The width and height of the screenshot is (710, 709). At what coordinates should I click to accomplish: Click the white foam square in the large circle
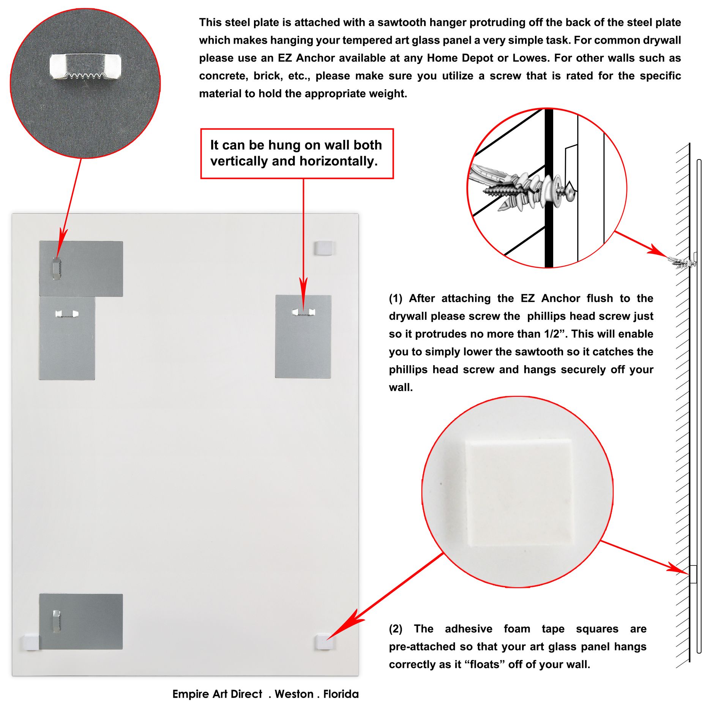coord(519,493)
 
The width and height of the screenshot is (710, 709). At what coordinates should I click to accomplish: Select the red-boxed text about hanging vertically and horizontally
coord(297,153)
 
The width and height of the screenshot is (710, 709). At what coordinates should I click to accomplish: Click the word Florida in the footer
coord(341,694)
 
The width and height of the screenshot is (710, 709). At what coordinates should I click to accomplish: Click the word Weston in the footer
coord(294,694)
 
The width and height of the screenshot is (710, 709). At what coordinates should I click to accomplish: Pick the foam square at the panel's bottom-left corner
coord(30,642)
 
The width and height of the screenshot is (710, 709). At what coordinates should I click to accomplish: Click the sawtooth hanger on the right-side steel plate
coord(303,312)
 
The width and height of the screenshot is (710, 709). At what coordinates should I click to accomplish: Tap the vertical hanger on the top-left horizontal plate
coord(57,268)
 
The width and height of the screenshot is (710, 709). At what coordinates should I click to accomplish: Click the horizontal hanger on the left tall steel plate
coord(66,314)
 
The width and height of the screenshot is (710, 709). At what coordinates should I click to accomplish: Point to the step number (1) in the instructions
coord(395,298)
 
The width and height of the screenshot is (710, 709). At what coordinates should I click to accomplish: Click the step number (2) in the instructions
coord(395,629)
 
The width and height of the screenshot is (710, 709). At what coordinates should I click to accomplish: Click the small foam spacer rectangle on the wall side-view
coord(693,574)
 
